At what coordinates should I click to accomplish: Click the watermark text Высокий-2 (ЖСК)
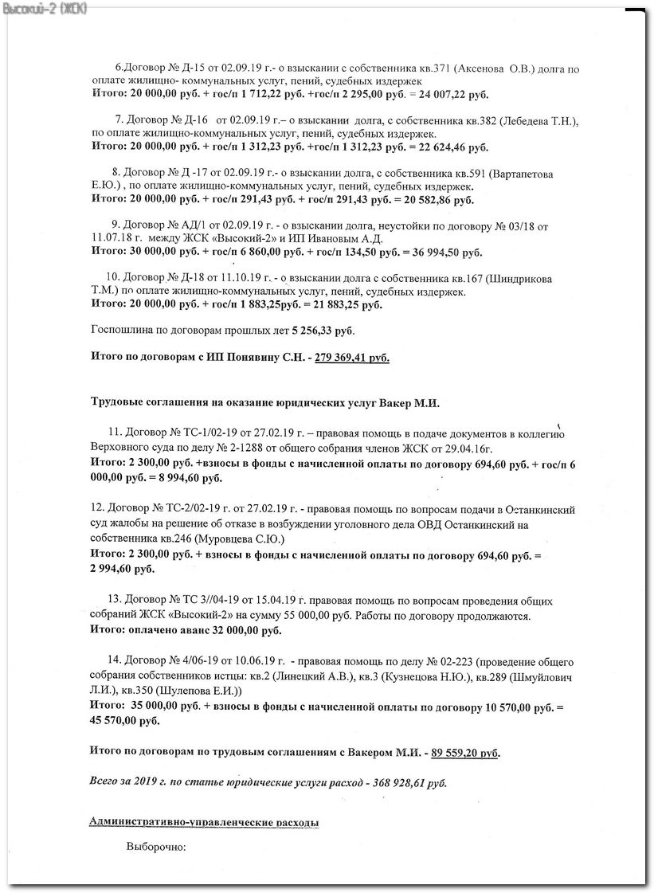click(44, 8)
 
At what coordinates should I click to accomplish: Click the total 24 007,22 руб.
click(450, 95)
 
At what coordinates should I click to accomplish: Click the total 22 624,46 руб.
click(449, 147)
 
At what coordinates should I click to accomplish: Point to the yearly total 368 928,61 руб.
click(406, 782)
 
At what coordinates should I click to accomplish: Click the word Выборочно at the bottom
click(155, 846)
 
